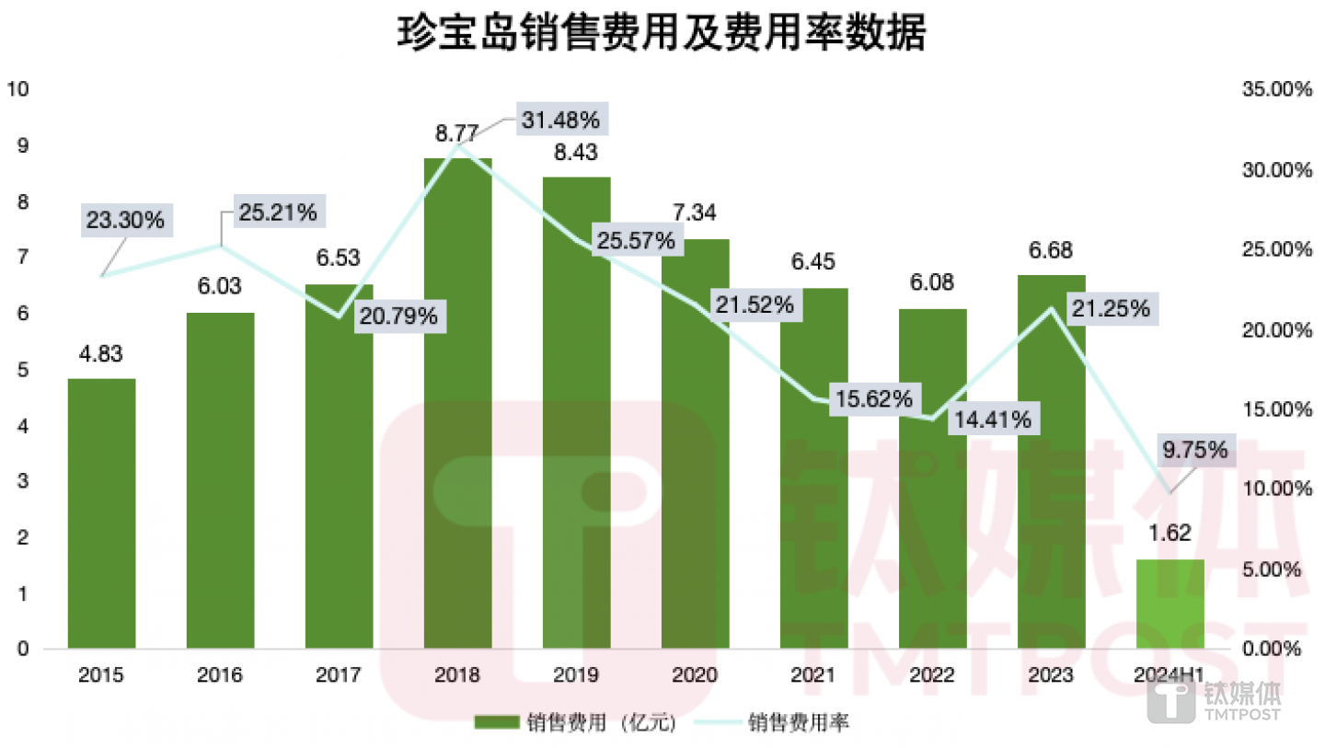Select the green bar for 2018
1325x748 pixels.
click(457, 405)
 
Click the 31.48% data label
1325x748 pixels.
click(560, 120)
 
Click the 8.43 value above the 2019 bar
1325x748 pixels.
click(576, 153)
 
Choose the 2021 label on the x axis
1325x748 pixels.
click(813, 676)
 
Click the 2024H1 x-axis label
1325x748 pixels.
click(1169, 676)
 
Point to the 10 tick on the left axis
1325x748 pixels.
click(17, 89)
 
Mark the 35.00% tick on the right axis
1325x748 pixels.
click(1273, 89)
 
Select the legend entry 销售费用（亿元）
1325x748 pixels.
click(577, 723)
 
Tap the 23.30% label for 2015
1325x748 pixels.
click(126, 220)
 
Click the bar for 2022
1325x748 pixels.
click(932, 478)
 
